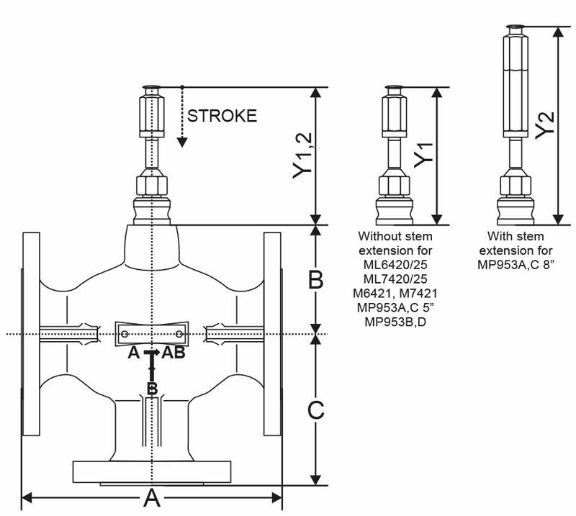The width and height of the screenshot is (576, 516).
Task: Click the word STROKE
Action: click(222, 116)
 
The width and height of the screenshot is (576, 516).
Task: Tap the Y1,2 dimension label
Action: click(302, 155)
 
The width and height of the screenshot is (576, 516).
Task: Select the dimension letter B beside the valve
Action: click(315, 280)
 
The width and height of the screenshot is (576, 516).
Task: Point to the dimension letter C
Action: click(315, 410)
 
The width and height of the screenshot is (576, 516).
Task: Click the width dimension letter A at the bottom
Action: click(152, 498)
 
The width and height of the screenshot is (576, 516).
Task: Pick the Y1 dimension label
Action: click(423, 155)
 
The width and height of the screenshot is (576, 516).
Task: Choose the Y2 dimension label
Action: click(544, 125)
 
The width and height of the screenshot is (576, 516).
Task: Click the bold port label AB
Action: click(174, 353)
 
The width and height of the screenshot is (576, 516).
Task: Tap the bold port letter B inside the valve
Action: click(152, 389)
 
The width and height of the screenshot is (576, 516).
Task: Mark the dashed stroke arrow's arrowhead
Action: click(182, 142)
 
